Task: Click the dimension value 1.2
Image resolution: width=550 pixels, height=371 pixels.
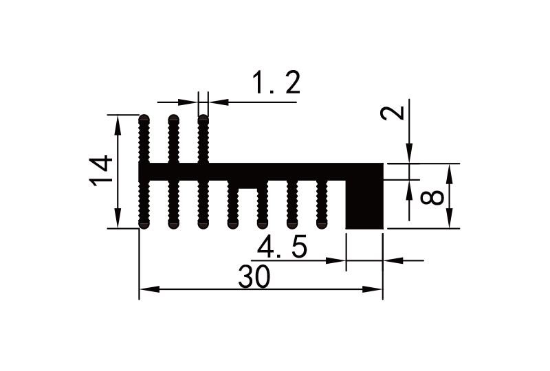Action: click(x=275, y=85)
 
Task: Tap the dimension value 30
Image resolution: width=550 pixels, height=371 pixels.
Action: click(x=254, y=278)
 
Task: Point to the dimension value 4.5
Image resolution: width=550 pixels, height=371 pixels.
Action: click(x=282, y=247)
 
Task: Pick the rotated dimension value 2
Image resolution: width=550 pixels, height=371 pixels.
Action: click(x=393, y=111)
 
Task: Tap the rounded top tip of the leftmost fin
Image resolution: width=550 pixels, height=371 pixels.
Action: click(x=144, y=118)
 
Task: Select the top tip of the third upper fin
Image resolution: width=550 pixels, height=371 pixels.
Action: click(x=203, y=118)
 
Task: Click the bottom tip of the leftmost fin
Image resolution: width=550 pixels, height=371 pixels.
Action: click(x=144, y=225)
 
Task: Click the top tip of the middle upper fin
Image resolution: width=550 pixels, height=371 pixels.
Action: click(x=174, y=118)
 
